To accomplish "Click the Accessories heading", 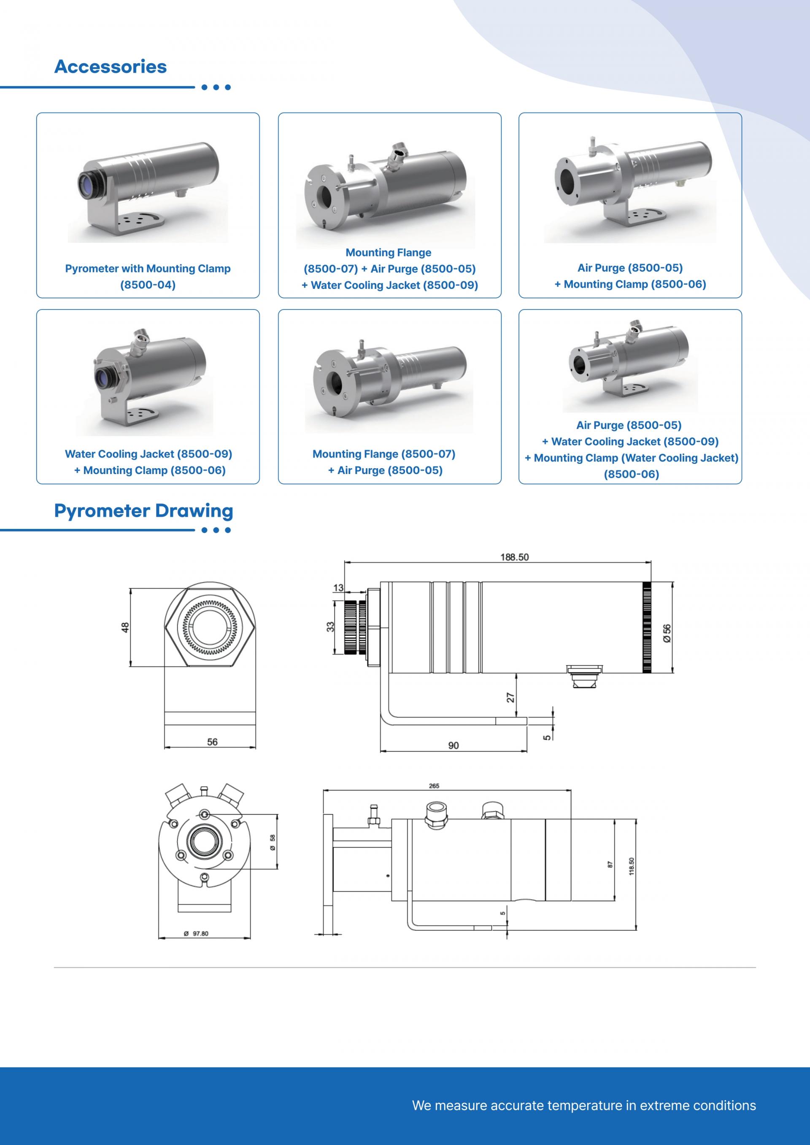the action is (x=110, y=66).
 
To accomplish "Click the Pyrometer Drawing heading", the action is (x=143, y=511).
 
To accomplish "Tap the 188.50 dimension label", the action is (x=514, y=557).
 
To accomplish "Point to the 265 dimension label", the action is (x=434, y=786).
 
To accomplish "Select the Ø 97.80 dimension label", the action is (x=196, y=934).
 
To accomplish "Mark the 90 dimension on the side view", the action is (x=454, y=746).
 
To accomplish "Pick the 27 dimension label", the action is (x=511, y=698).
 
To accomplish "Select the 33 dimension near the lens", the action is (x=330, y=627).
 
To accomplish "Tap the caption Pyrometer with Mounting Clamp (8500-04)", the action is (x=148, y=276).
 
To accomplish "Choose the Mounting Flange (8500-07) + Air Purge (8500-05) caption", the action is (x=384, y=462).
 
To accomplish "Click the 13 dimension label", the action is (x=338, y=588).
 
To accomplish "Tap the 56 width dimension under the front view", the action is (x=212, y=741).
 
